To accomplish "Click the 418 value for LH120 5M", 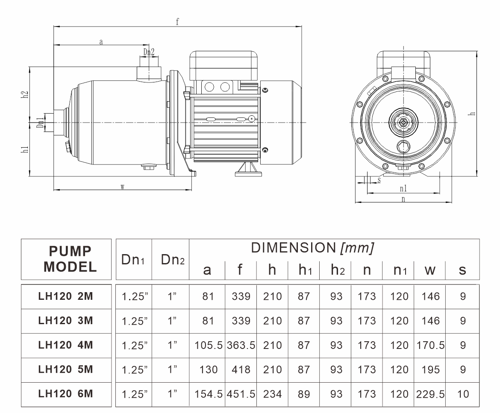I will (x=241, y=369).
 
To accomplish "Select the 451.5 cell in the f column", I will (x=241, y=394).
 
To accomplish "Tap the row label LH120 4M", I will (x=66, y=345).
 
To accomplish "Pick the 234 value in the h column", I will (x=272, y=394).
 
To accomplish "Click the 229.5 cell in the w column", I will (x=430, y=394).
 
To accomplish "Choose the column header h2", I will (x=336, y=270).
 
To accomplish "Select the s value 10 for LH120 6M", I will (x=463, y=394).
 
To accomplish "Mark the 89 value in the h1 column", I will (x=303, y=394).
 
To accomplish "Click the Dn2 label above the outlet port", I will (x=149, y=52).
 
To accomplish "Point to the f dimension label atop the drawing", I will (x=177, y=22).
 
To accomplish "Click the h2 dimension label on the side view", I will (x=25, y=94).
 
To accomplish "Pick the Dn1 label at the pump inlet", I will (x=40, y=123).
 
